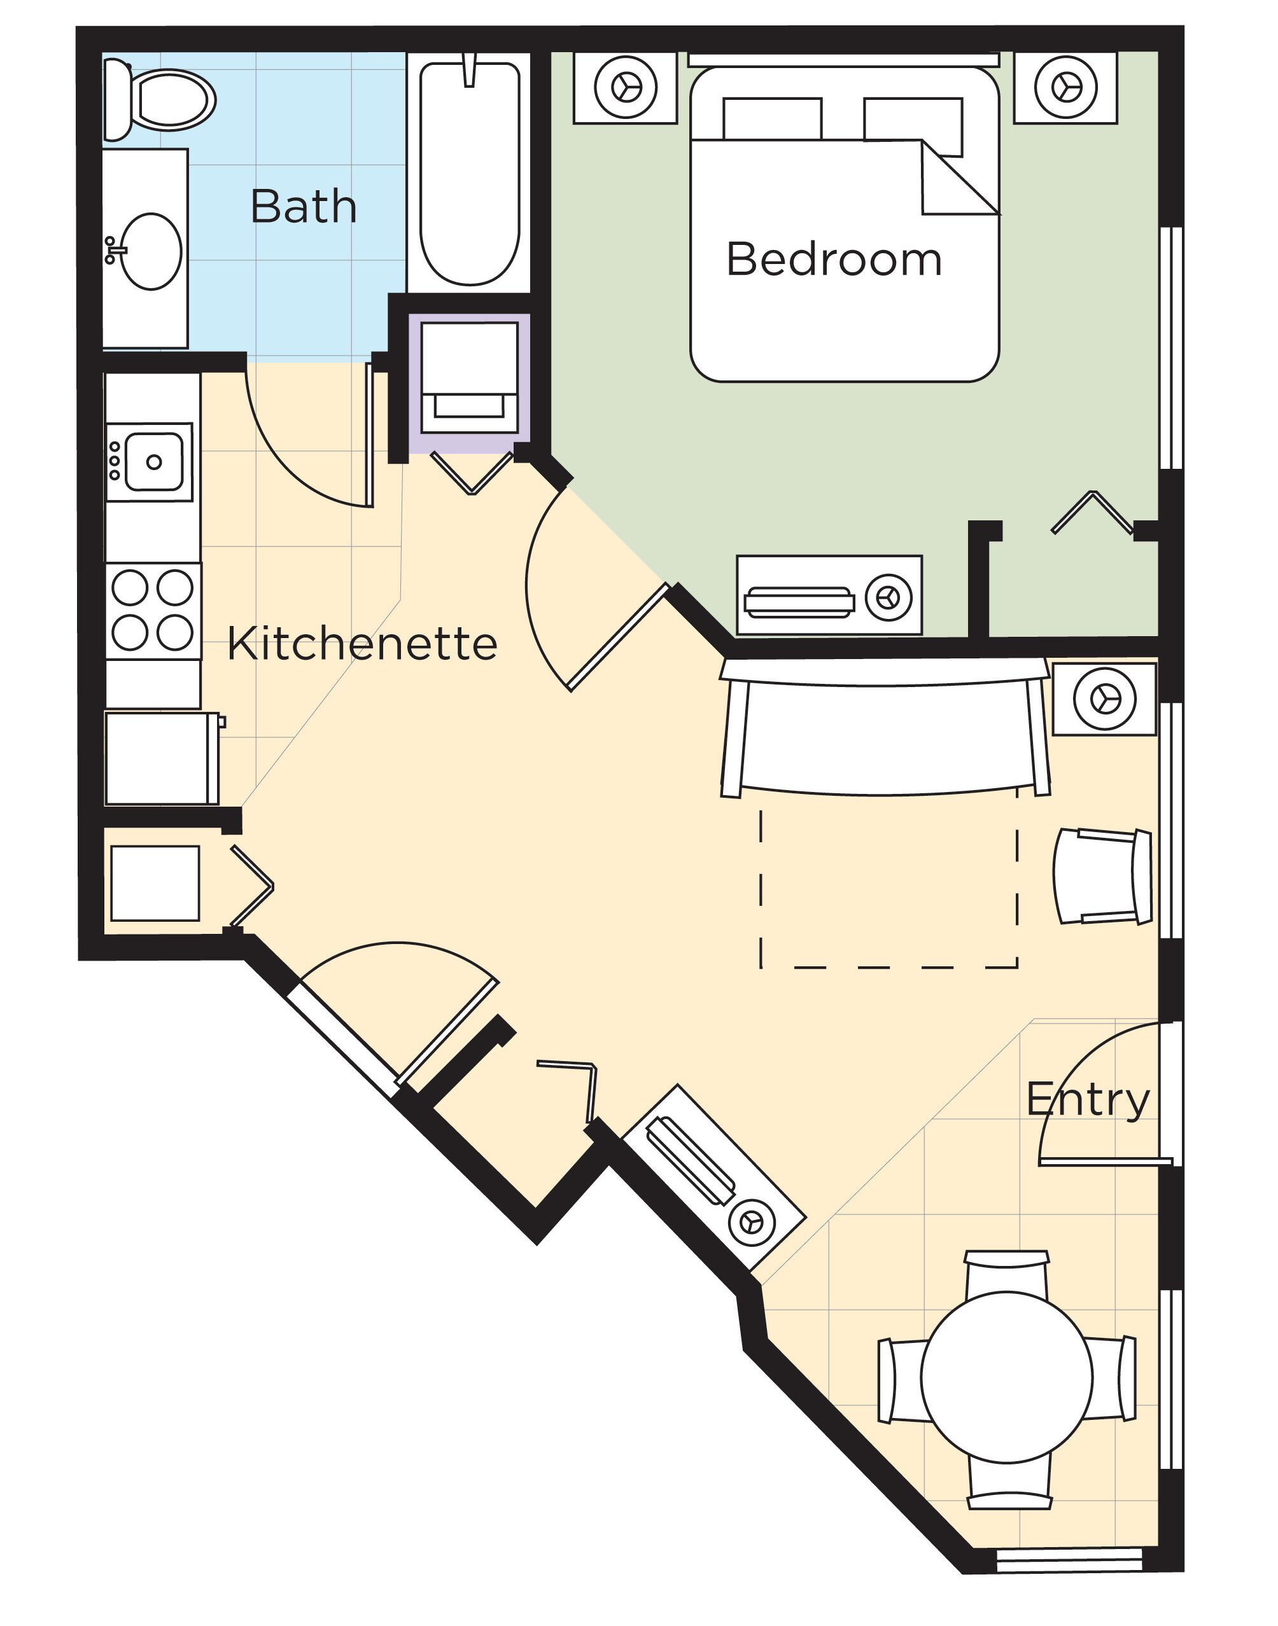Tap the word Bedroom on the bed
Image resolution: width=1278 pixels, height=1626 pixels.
pos(834,260)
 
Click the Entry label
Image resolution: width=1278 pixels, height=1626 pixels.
pos(1087,1099)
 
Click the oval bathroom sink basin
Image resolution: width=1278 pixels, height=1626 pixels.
pos(151,251)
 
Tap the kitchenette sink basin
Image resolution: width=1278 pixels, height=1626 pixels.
pos(153,461)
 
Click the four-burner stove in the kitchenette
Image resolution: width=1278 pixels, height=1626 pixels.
pos(153,610)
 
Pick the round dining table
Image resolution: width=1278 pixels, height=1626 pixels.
pos(1006,1377)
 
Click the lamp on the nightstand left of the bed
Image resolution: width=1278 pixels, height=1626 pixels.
pos(626,88)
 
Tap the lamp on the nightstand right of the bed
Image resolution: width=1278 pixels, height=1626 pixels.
pos(1065,88)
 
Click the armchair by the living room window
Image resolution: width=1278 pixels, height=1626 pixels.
pos(1102,877)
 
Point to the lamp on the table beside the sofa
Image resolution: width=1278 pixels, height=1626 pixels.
pos(1104,699)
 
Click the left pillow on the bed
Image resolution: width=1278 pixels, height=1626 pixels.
pos(771,118)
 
